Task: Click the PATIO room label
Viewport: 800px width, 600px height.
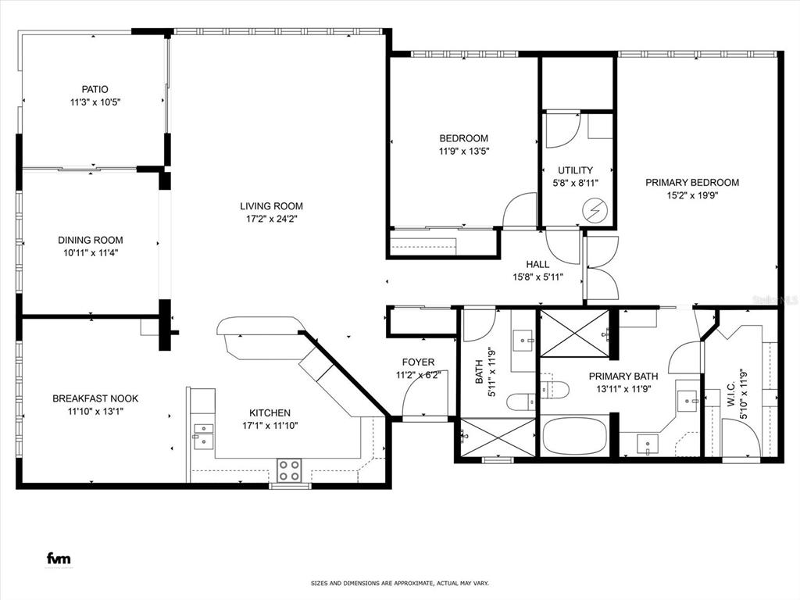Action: [95, 89]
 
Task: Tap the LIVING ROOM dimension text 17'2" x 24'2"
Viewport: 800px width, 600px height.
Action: [271, 220]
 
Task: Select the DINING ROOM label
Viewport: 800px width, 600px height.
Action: [91, 240]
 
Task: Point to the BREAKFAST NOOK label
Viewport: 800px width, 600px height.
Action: [95, 398]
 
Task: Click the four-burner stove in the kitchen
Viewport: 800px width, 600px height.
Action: [289, 470]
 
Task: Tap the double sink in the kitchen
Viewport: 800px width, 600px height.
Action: [203, 434]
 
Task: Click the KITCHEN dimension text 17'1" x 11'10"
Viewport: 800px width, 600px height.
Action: [270, 426]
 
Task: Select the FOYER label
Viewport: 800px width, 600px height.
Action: [419, 362]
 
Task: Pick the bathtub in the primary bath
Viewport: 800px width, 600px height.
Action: [574, 437]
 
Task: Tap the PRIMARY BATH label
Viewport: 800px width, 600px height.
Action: [623, 376]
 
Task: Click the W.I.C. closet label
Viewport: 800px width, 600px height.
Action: [731, 394]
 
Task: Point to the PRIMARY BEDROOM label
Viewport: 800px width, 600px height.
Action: [692, 182]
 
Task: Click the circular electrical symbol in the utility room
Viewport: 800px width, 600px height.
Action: [596, 210]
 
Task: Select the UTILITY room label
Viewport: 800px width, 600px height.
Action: [575, 170]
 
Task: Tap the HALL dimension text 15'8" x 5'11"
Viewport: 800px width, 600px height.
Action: [537, 277]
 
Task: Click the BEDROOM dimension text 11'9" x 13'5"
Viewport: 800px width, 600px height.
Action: [464, 152]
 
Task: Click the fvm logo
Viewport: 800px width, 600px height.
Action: [59, 559]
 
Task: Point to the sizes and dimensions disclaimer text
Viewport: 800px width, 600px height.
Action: [399, 583]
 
